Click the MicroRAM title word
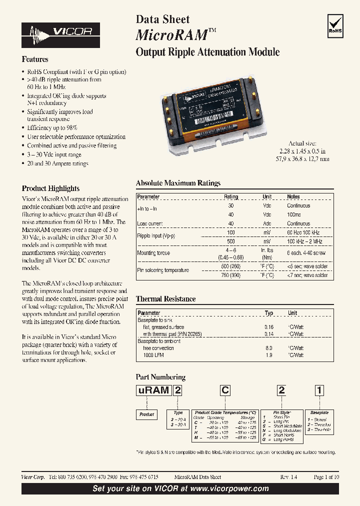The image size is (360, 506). coord(171,35)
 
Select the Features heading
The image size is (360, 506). coord(35,59)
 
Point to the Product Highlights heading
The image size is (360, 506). coord(50,188)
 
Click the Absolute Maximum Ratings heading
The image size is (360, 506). coord(178,183)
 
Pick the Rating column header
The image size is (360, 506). coord(231,196)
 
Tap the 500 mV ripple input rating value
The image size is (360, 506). coord(231,241)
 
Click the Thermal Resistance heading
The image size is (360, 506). coord(165,299)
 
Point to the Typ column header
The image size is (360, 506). coord(269,313)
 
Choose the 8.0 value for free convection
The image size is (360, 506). coord(269,347)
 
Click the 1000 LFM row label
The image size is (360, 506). coord(153,354)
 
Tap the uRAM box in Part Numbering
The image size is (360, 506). coord(153,390)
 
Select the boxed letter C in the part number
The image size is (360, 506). coord(225,390)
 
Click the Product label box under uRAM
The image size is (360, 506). coord(146,414)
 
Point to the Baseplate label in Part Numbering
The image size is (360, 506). coord(319,413)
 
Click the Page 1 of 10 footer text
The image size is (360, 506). coord(326,477)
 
